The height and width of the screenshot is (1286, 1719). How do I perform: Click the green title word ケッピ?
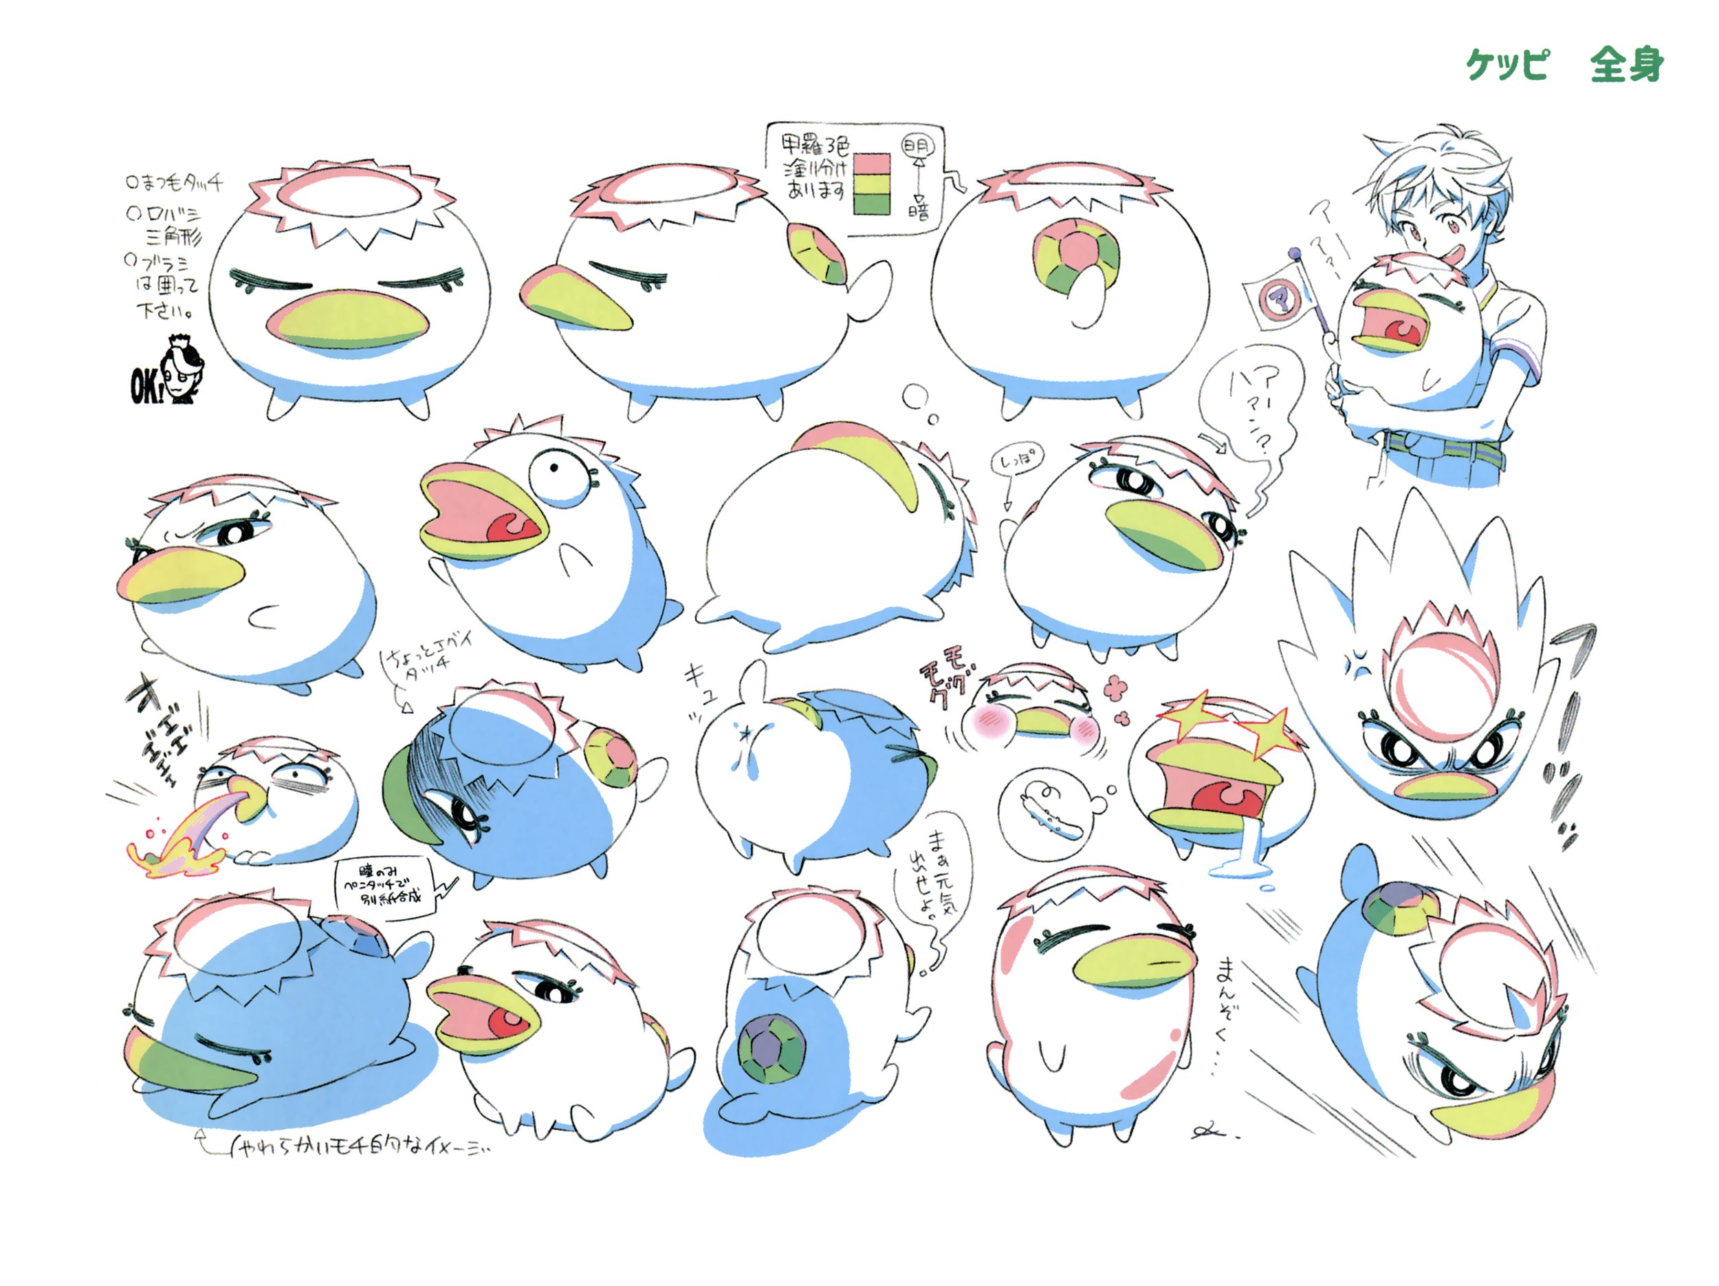coord(1506,64)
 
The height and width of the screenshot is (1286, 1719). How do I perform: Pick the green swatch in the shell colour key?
coord(872,204)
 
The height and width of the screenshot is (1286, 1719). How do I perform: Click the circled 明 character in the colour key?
coord(917,146)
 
